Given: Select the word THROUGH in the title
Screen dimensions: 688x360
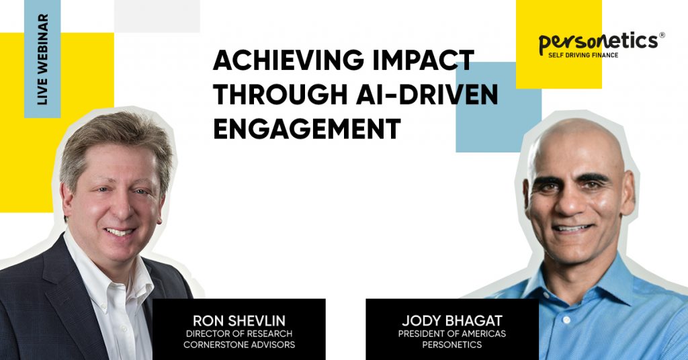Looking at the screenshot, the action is tap(280, 94).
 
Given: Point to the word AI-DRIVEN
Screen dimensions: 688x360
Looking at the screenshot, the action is tap(427, 94).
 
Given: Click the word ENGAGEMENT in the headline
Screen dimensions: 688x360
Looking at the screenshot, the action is tap(306, 128).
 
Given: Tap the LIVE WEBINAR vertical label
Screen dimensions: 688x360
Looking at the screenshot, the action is tap(42, 59).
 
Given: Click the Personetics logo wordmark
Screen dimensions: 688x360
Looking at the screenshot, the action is tap(599, 42).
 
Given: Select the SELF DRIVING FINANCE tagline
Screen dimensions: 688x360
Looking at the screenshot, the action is tap(583, 55).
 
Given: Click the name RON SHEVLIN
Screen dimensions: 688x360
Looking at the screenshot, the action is tap(239, 320).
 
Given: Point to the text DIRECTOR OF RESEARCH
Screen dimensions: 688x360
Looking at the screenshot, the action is tap(239, 334).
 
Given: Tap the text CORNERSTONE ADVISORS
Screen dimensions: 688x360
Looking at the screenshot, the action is tap(239, 345).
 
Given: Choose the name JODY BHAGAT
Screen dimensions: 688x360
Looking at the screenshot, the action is tap(452, 320).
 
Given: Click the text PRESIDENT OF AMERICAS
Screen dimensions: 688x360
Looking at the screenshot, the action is tap(452, 334).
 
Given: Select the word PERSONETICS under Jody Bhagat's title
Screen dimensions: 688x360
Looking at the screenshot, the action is tap(452, 345).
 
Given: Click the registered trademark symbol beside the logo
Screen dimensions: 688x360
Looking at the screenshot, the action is tap(662, 35).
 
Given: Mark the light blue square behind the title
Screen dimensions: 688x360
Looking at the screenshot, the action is tap(499, 107).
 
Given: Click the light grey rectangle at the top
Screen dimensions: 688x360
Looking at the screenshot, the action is tap(157, 16).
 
